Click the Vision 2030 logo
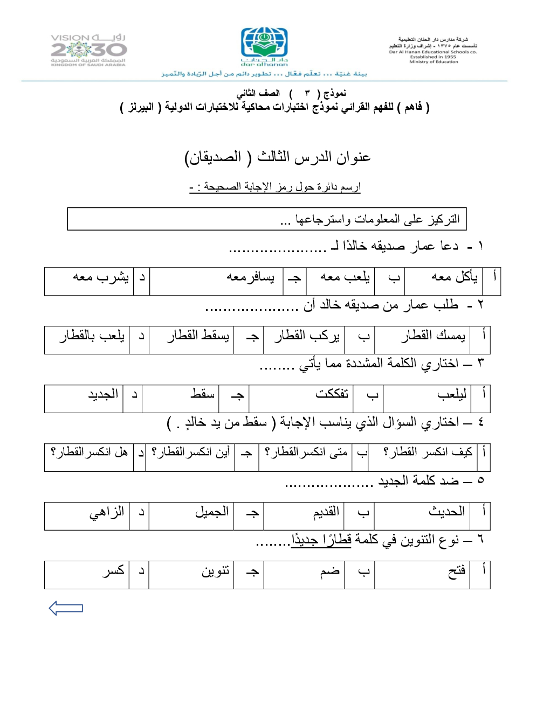coord(88,50)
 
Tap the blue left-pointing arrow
coord(66,608)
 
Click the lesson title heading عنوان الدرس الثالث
coord(277,157)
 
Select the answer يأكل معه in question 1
coord(454,277)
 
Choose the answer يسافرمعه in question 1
coord(250,277)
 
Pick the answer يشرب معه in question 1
coord(101,277)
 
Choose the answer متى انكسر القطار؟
coord(306,452)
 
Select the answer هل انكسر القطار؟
coord(90,452)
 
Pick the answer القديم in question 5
coord(326,511)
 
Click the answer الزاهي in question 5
coord(107,511)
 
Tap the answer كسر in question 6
coord(114,570)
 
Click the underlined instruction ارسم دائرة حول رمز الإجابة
coord(275,187)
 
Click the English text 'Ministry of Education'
coord(434,62)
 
